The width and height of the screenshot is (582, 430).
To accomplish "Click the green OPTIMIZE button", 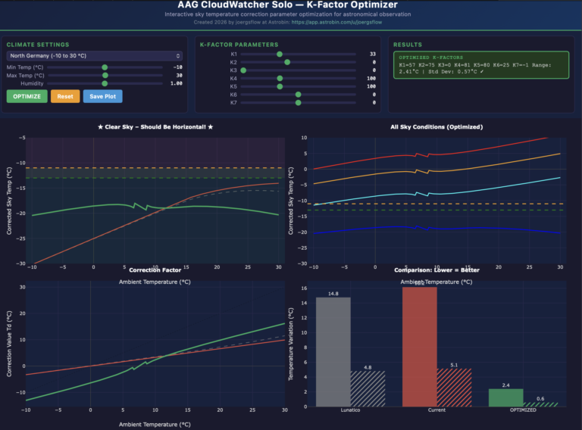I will [27, 96].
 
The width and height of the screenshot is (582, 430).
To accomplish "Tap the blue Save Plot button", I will [102, 96].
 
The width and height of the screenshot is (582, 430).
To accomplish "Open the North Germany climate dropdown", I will [95, 56].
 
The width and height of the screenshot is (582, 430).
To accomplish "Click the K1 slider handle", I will [280, 55].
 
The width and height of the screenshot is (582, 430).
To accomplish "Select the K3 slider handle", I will [243, 70].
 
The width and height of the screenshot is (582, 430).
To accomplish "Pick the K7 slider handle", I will [298, 102].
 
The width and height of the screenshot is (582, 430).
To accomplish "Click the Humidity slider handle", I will [105, 83].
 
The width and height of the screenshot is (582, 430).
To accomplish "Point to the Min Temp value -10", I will [177, 67].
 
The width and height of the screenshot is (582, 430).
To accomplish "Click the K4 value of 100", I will [371, 78].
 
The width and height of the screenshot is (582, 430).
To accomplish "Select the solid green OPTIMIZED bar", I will [505, 397].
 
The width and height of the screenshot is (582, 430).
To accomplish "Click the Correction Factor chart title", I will [155, 270].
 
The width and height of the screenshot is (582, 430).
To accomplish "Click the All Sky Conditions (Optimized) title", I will [435, 127].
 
